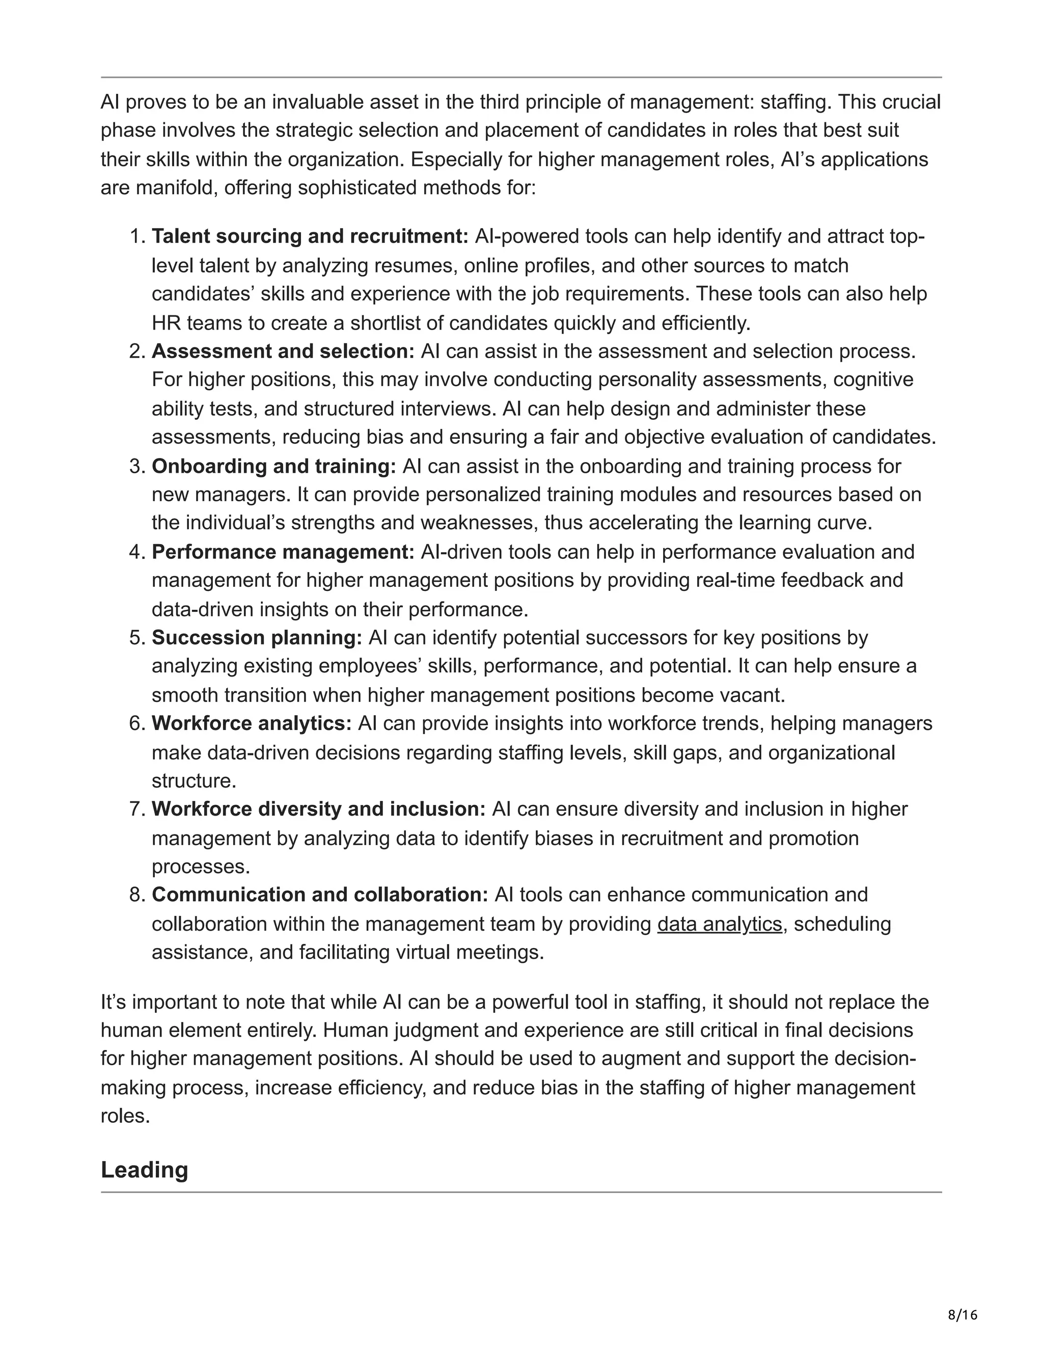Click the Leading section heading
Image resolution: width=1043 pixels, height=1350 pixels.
[x=144, y=1170]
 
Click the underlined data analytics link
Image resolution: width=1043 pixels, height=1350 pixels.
[x=719, y=924]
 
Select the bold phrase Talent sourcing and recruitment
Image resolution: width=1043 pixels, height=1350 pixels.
[x=310, y=236]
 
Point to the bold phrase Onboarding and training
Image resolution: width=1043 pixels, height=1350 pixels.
[x=273, y=466]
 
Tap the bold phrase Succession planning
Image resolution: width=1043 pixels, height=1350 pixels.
[x=257, y=637]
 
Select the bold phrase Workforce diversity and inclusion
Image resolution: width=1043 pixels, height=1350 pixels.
[x=319, y=808]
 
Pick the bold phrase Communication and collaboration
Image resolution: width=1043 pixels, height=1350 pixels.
[x=320, y=895]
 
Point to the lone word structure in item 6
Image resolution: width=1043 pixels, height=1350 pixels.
[x=194, y=780]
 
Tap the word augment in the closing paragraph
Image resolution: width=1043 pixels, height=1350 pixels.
[x=638, y=1058]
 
